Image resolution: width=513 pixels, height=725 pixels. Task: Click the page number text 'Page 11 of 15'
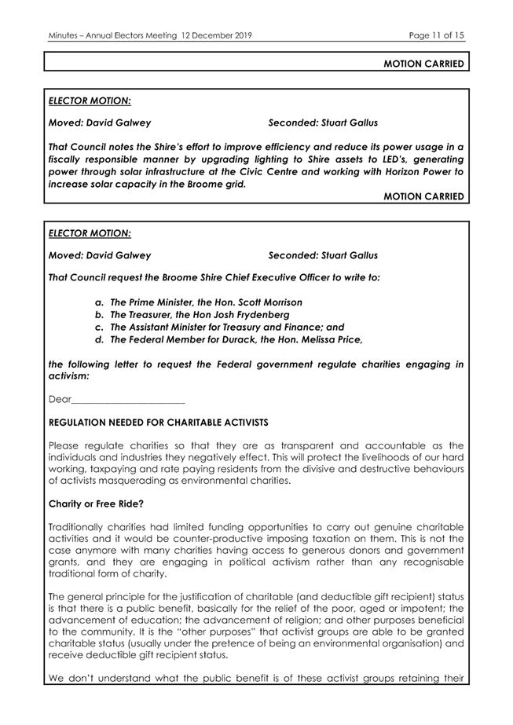click(437, 35)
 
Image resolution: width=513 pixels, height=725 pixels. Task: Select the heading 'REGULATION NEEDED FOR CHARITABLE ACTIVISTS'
click(158, 423)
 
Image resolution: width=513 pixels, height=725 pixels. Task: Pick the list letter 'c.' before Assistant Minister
click(100, 327)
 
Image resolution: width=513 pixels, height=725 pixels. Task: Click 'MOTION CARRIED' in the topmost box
click(423, 64)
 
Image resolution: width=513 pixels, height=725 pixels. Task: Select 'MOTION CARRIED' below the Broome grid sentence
click(423, 196)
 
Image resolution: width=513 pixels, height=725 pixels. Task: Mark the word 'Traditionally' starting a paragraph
click(79, 525)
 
